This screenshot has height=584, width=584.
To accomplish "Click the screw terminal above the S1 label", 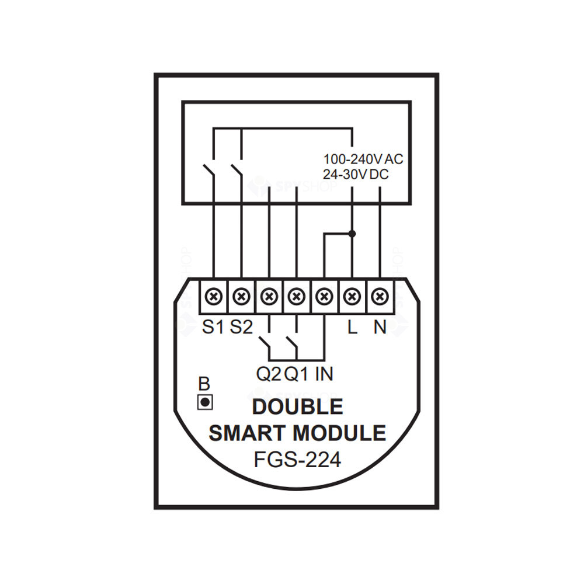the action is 214,297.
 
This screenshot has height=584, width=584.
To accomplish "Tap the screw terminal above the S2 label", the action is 241,297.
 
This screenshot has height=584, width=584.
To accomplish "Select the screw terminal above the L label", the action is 352,297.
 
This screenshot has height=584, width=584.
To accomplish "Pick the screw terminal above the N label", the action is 380,297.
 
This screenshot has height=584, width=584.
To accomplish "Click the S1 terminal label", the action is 213,327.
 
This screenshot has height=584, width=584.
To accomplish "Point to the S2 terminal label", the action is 241,327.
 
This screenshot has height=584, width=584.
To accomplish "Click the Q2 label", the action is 269,374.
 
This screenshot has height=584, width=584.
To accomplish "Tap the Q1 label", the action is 297,374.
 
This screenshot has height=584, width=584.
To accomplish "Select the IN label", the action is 324,374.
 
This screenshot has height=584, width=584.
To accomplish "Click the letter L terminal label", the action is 352,327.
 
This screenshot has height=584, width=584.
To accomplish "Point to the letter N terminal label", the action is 380,327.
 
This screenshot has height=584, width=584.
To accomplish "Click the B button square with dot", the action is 205,402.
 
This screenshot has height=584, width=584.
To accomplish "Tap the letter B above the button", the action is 204,384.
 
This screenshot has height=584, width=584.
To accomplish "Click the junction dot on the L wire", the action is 352,234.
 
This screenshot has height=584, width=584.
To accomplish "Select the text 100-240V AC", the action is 363,159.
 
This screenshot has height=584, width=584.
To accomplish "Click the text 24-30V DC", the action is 356,174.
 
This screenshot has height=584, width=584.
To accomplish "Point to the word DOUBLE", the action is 298,406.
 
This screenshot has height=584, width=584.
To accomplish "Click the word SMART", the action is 247,433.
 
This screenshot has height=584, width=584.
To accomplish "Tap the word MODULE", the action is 339,433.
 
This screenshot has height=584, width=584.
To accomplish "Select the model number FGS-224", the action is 297,460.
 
